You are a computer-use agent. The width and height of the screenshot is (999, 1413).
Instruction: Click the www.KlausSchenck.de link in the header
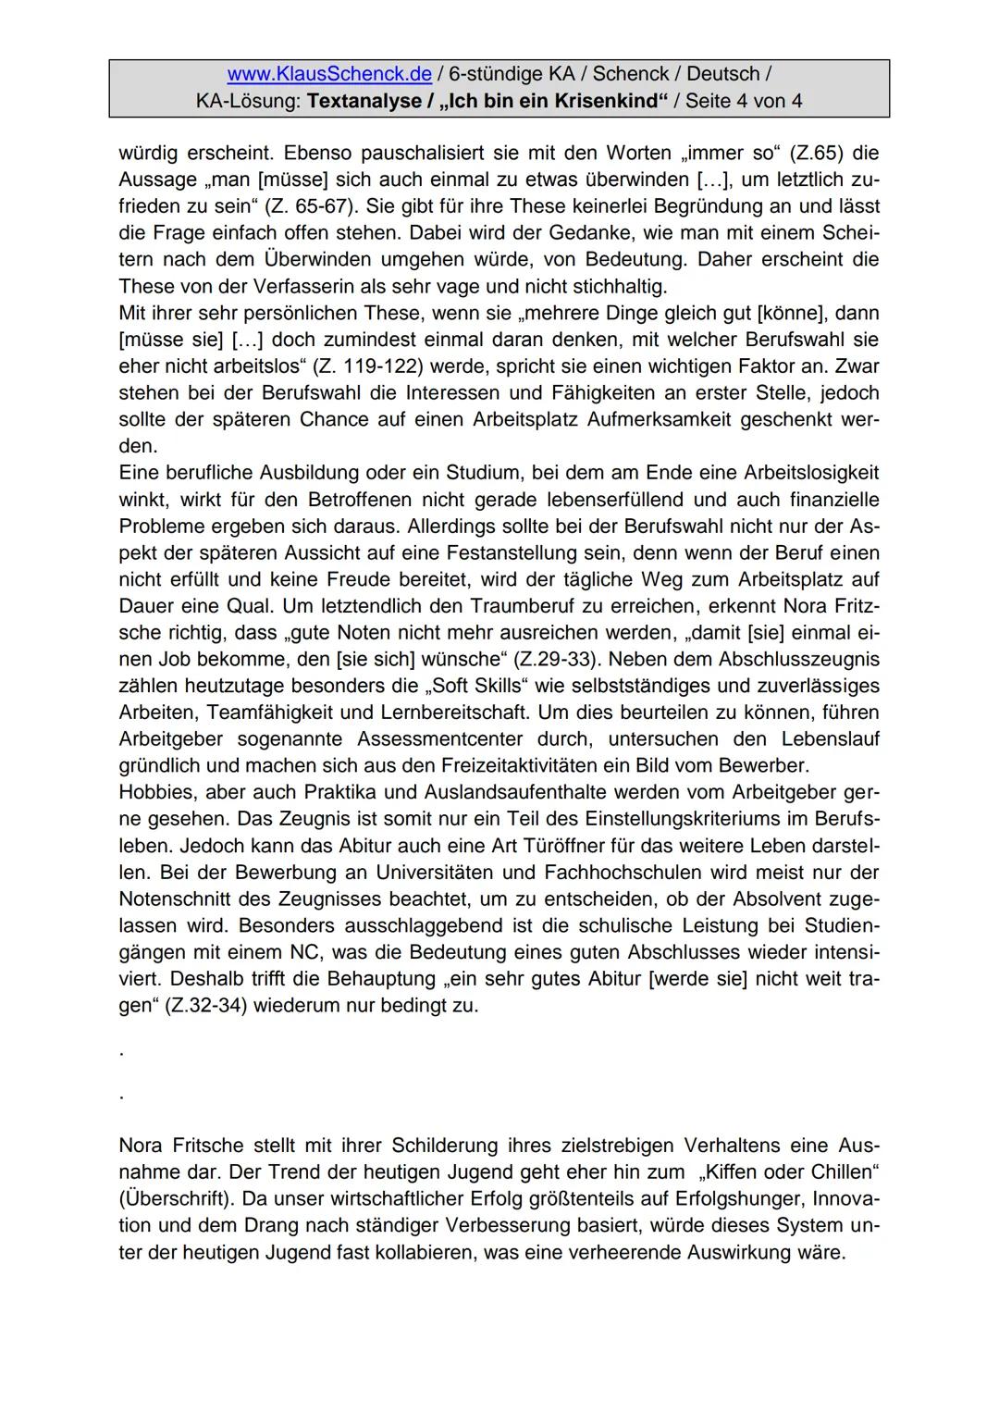329,74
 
